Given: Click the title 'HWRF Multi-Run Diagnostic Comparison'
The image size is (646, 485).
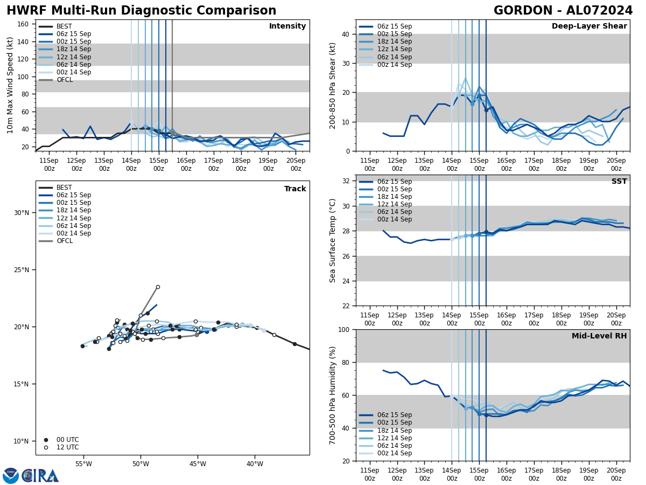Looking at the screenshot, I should coord(141,11).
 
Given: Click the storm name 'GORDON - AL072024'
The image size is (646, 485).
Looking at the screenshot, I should coord(563,11).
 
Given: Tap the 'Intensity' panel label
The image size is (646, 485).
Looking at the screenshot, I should coord(287,26).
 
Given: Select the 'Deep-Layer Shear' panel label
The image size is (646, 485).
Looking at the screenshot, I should coord(589,26).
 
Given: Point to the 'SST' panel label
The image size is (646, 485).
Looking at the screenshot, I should coord(619,182).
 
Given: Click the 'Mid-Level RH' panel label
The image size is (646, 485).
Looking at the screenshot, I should coord(599,336).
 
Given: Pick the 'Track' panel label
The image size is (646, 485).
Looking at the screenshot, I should coord(295,189).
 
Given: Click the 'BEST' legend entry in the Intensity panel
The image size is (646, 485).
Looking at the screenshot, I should coord(64,26).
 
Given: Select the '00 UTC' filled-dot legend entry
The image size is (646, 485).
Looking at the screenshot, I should coord(67,440).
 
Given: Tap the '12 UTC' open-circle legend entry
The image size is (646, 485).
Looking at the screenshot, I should coord(67,447).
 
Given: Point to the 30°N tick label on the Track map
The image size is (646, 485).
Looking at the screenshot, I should coord(22,213).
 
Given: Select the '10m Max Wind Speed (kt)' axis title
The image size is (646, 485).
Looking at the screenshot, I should coord(10,85).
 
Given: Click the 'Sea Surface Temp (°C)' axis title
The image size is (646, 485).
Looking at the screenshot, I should coord(333,240).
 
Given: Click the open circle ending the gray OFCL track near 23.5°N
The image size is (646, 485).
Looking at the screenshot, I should coord(158,287).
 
